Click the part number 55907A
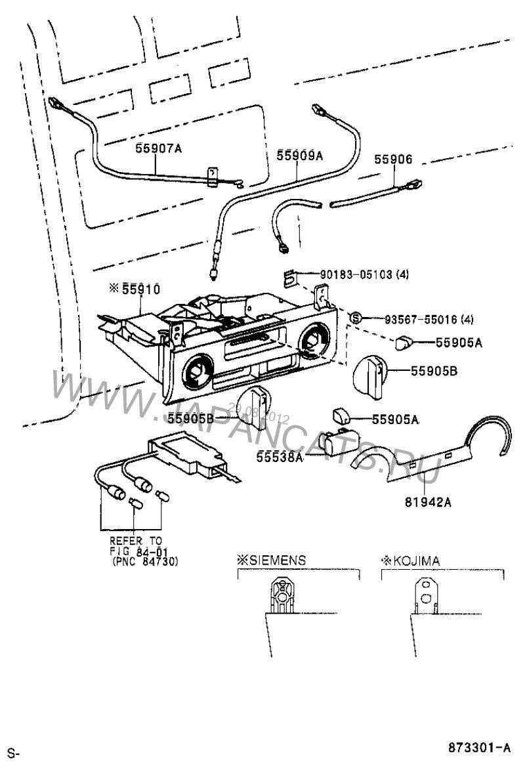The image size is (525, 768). pyautogui.click(x=158, y=148)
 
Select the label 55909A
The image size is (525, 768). pyautogui.click(x=300, y=156)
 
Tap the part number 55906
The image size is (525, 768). pyautogui.click(x=393, y=160)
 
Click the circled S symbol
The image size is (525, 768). pyautogui.click(x=356, y=318)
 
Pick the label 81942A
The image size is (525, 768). pyautogui.click(x=427, y=502)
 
